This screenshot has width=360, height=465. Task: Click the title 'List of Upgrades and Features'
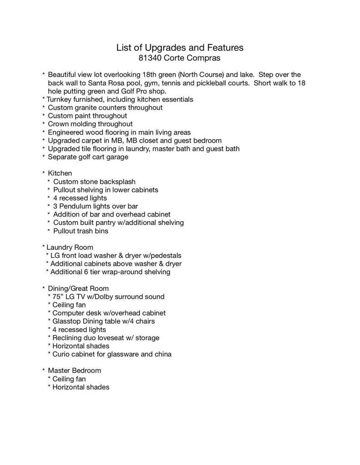tap(180, 47)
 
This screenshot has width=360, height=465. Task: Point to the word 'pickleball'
tap(212, 83)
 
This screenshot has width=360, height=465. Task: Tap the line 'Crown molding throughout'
tap(90, 124)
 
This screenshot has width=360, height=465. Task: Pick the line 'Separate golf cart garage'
tap(88, 157)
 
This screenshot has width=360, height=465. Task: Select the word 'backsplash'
tap(117, 182)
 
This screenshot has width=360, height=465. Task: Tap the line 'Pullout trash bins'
tap(80, 231)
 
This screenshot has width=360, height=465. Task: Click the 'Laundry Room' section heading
tap(70, 247)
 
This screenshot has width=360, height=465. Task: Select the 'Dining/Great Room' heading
tap(78, 288)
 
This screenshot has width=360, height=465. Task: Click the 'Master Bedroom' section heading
tap(74, 371)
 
